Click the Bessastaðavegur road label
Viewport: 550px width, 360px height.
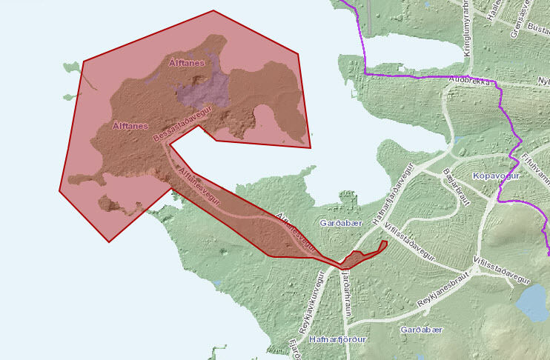tap(182, 123)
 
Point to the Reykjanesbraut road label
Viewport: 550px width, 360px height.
tap(445, 294)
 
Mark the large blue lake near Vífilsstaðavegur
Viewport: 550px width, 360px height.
tap(531, 302)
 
